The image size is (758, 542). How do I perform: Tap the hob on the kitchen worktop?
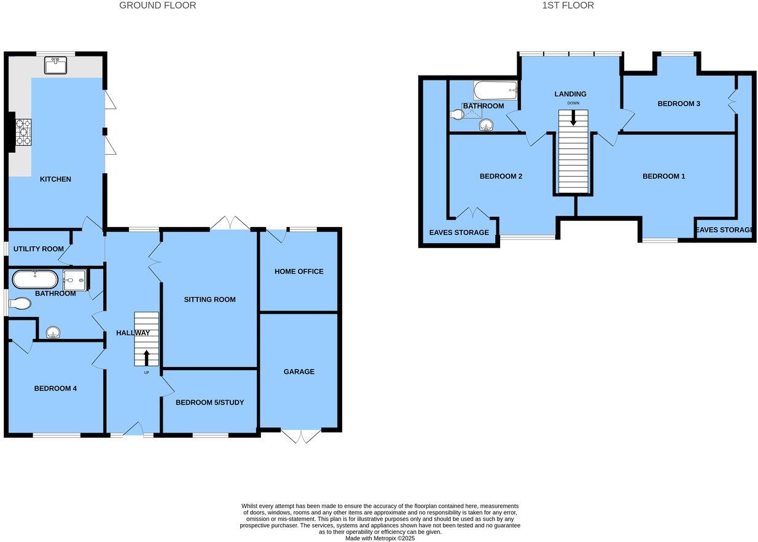pos(23,132)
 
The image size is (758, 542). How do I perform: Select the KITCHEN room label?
pos(55,179)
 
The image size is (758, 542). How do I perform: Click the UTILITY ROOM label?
pos(39,249)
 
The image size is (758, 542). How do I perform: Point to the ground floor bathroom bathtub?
pos(35,280)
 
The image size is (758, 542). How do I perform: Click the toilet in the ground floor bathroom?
pos(20,304)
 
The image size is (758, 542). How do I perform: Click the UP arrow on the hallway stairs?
pos(146,358)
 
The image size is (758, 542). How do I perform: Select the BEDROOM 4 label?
pos(55,388)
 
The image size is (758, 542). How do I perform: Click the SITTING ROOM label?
pos(209,300)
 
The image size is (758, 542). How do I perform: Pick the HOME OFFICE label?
pos(299,271)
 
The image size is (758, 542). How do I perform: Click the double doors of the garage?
pos(301,435)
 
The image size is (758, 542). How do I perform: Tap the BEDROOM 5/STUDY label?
pos(209,403)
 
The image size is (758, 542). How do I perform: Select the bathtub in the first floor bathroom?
pos(495,91)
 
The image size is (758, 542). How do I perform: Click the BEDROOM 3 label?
pos(679,104)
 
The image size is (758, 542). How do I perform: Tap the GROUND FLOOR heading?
pos(157,6)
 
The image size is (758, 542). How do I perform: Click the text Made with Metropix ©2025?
pos(380,538)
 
